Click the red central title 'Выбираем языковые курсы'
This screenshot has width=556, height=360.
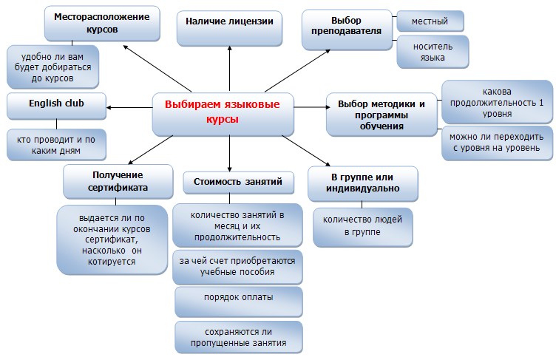[x=223, y=112]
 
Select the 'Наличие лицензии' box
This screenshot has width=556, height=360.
[x=229, y=28]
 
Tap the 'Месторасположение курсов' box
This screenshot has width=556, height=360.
[x=102, y=24]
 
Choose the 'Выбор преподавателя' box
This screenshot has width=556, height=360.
[x=347, y=30]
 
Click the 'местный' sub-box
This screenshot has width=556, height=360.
[x=430, y=21]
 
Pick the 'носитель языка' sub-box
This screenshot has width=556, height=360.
[x=433, y=52]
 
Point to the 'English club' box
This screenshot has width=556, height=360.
[x=56, y=106]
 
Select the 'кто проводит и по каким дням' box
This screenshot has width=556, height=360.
[x=56, y=145]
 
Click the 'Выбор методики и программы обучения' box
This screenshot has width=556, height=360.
[x=382, y=115]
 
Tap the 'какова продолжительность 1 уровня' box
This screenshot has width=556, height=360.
[x=497, y=102]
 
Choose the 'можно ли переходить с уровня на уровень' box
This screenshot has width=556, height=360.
[x=497, y=143]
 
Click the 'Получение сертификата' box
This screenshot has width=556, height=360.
[x=118, y=181]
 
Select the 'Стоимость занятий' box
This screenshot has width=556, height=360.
[x=238, y=183]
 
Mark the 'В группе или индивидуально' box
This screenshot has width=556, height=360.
[x=363, y=184]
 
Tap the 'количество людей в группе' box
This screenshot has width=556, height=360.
[x=362, y=227]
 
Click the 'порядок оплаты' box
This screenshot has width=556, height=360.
[x=238, y=302]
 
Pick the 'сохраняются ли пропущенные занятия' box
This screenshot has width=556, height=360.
[x=238, y=337]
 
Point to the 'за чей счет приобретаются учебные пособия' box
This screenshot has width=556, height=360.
[x=237, y=267]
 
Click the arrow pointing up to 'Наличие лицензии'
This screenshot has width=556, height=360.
[x=229, y=69]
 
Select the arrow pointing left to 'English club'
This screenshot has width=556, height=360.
[x=129, y=107]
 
